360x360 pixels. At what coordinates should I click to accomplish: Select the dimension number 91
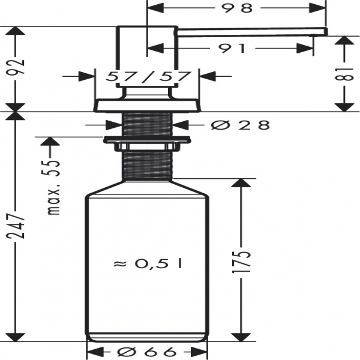[x=233, y=49]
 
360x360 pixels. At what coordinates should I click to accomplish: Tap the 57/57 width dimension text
[x=148, y=77]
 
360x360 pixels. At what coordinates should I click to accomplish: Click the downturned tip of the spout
[x=325, y=32]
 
